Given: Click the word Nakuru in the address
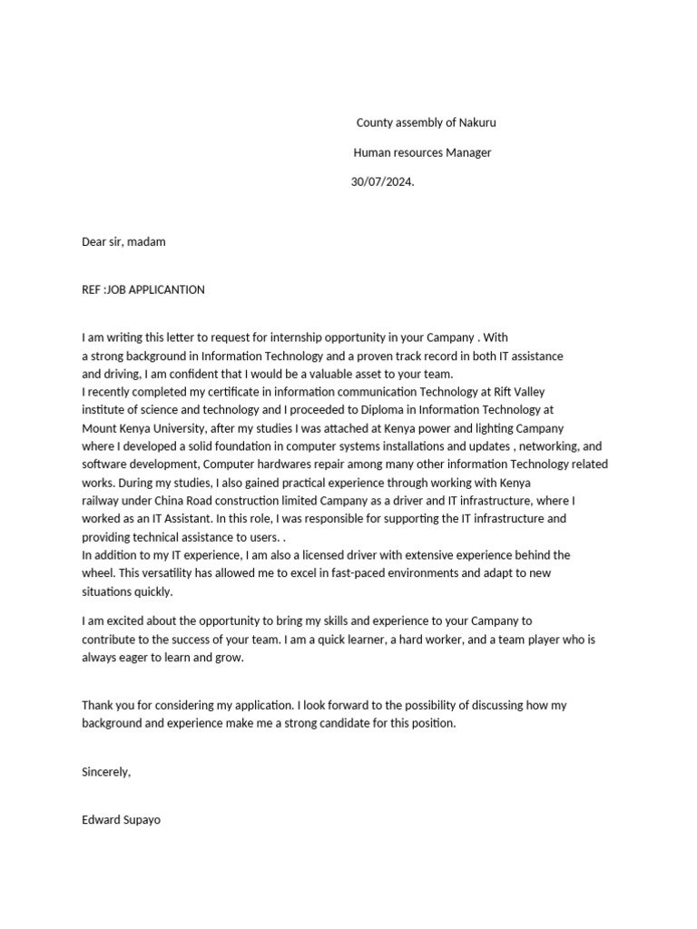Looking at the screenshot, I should pyautogui.click(x=476, y=122).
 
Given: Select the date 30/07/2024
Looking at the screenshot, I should pyautogui.click(x=381, y=182).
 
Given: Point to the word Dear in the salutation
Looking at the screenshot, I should pyautogui.click(x=94, y=242).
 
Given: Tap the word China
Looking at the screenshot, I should pyautogui.click(x=173, y=501).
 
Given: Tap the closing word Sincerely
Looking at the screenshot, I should pyautogui.click(x=106, y=772).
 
